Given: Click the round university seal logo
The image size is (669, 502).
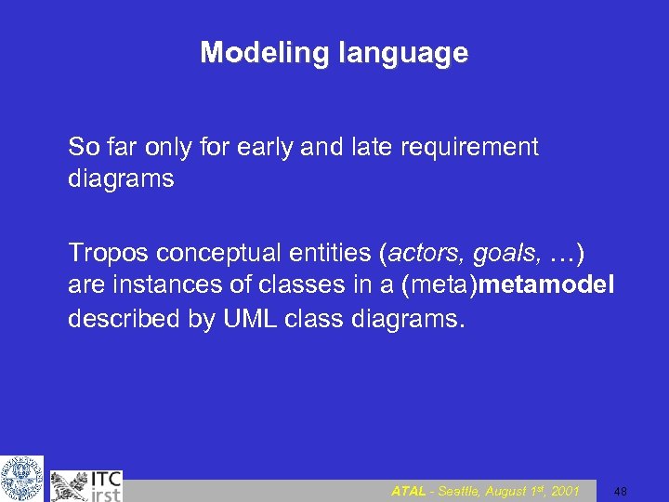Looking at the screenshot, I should (x=21, y=478).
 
